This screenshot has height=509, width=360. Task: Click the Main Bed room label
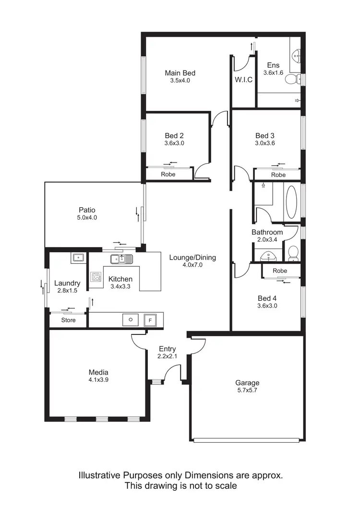[x=180, y=73]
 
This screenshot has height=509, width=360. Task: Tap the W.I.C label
[x=243, y=80]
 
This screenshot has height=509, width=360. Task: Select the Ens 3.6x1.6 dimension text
[x=273, y=73]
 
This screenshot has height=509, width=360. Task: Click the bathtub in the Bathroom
[x=291, y=202]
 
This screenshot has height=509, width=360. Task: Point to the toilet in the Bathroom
[x=293, y=253]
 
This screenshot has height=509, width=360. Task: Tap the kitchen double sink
[x=121, y=260]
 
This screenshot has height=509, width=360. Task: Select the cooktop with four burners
[x=96, y=277]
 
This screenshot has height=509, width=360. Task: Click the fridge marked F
[x=150, y=320]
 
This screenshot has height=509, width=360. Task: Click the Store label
[x=68, y=320]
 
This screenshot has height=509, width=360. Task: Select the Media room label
[x=98, y=372]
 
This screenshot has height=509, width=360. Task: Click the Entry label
[x=168, y=349]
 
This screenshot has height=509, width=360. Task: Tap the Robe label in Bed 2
[x=168, y=174]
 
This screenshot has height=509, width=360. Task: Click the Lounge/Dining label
[x=192, y=257]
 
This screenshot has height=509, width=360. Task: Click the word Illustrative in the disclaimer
[x=100, y=475]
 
